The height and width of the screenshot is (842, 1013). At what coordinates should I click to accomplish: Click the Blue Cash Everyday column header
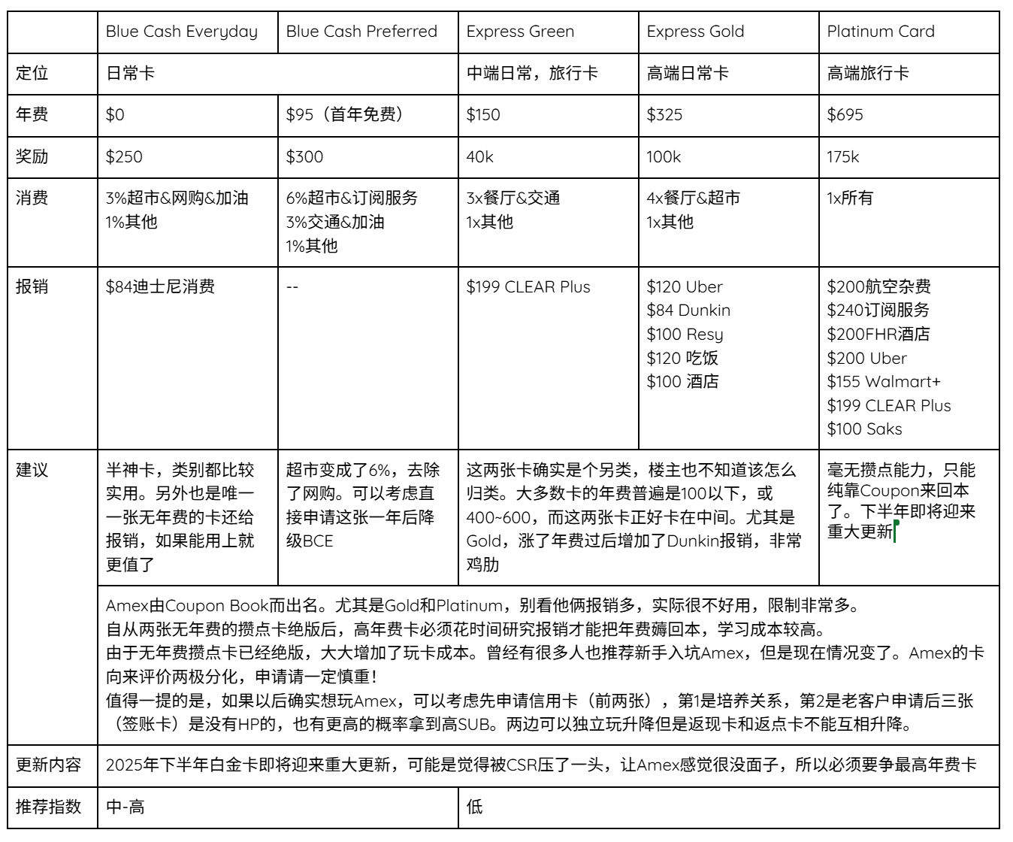181,32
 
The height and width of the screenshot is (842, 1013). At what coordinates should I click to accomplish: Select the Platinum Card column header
881,32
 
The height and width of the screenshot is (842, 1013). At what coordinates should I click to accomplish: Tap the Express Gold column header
695,32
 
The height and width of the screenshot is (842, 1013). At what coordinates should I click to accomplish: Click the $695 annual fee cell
845,115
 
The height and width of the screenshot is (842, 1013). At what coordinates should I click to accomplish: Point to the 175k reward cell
842,157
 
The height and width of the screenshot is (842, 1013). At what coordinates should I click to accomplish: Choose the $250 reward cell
124,157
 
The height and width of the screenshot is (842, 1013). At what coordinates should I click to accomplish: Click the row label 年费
32,115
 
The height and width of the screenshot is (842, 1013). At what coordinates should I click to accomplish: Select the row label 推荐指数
49,807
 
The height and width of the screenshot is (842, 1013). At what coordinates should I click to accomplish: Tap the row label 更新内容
49,765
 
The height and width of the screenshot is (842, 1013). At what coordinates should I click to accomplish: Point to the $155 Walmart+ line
884,382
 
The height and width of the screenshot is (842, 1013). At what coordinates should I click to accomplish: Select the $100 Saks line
864,429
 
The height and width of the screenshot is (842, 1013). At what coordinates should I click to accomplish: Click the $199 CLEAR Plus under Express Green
528,287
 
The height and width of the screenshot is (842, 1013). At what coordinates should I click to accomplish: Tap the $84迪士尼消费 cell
160,287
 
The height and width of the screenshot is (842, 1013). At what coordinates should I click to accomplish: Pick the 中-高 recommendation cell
125,807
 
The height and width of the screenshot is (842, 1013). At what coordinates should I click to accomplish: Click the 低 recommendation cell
474,807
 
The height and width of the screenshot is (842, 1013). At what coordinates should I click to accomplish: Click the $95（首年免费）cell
346,115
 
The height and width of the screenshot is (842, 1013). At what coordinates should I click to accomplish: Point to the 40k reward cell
480,157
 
